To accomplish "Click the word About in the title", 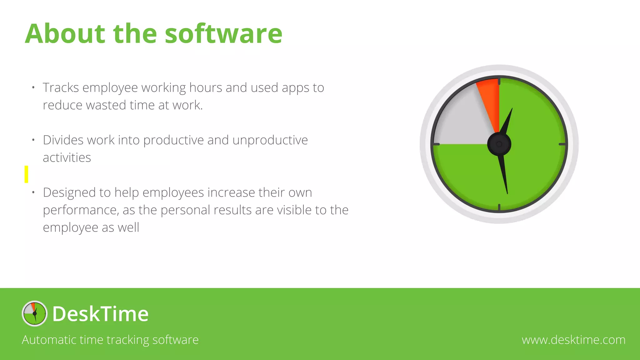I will pyautogui.click(x=65, y=34).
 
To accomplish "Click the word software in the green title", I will pyautogui.click(x=223, y=34).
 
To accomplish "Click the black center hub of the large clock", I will pyautogui.click(x=499, y=144).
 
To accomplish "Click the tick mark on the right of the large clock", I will pyautogui.click(x=562, y=144).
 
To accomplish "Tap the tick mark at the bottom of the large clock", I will pyautogui.click(x=499, y=207).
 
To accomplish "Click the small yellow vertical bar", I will pyautogui.click(x=26, y=174).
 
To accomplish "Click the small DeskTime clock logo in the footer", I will pyautogui.click(x=34, y=313).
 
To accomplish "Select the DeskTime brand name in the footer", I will pyautogui.click(x=100, y=314).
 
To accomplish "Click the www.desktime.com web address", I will pyautogui.click(x=573, y=340).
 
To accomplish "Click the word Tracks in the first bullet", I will pyautogui.click(x=61, y=88).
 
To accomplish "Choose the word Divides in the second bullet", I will pyautogui.click(x=63, y=140).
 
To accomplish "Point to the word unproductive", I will pyautogui.click(x=270, y=140).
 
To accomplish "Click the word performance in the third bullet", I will pyautogui.click(x=81, y=210).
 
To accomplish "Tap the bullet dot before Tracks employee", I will pyautogui.click(x=33, y=88).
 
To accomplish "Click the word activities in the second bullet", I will pyautogui.click(x=67, y=157).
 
